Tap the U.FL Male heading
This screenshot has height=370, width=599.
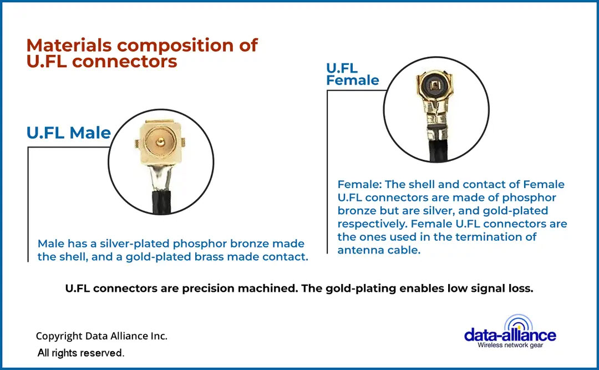69,133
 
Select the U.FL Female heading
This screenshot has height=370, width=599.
352,74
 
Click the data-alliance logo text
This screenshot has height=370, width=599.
510,334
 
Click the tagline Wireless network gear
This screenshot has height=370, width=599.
511,344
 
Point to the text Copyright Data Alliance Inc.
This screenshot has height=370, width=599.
101,336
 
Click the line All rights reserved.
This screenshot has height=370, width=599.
81,353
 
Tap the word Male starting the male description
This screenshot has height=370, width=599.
50,244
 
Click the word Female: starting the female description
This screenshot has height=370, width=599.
359,184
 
